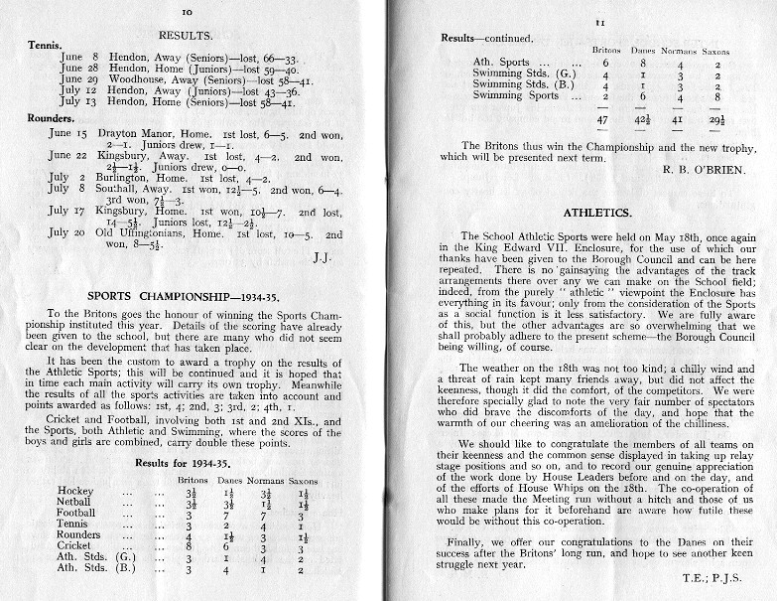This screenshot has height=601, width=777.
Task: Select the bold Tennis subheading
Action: point(46,45)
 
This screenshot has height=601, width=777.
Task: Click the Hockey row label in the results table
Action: point(76,491)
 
